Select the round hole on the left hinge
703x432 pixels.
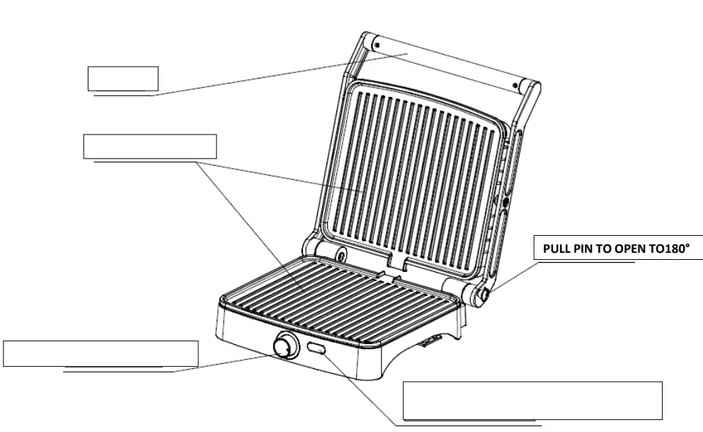click(341, 253)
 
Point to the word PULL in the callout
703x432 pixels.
click(556, 249)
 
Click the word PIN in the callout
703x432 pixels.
click(584, 249)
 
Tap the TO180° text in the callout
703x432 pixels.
click(666, 249)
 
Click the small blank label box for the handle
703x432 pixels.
click(122, 78)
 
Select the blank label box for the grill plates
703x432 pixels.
click(149, 146)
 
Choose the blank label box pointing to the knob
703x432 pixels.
click(101, 353)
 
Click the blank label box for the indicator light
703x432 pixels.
click(532, 400)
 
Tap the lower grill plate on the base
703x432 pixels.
click(340, 297)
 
